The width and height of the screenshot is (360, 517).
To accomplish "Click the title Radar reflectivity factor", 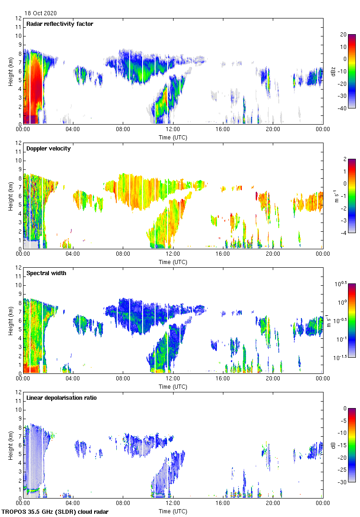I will click(x=60, y=24).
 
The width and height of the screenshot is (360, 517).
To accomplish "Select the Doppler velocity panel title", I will click(x=48, y=149).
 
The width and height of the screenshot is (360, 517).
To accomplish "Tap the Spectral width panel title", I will click(x=46, y=273).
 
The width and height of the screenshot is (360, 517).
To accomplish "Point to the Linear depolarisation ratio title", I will click(x=61, y=398).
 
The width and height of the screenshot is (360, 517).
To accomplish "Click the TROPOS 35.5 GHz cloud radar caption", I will click(x=55, y=512).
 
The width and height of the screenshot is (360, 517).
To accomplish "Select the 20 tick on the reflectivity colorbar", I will click(x=343, y=35).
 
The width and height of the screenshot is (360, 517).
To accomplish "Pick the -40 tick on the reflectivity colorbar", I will click(x=343, y=108).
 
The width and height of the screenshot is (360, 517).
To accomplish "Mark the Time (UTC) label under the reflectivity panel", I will click(x=173, y=137).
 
